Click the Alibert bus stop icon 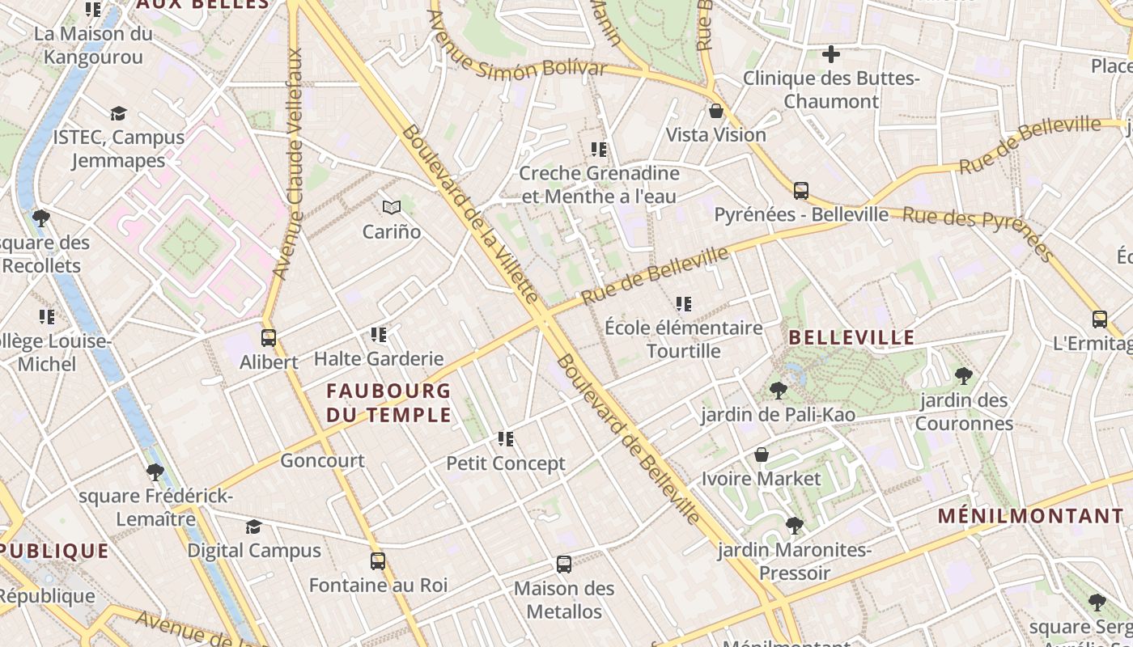tap(269, 338)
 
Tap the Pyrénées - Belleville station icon tap(801, 191)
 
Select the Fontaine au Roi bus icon tap(378, 561)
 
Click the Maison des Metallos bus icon tap(564, 565)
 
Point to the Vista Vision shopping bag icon tap(715, 111)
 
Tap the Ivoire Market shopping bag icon tap(761, 455)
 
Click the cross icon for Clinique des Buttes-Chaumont tap(830, 55)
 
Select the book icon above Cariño tap(392, 208)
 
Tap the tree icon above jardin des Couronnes tap(963, 376)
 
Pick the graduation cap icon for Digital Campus tap(253, 527)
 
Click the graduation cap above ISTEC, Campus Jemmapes tap(119, 113)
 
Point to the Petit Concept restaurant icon tap(506, 440)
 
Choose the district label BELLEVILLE tap(851, 338)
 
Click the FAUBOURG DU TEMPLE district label tap(388, 403)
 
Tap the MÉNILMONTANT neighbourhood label tap(1031, 516)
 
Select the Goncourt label tap(322, 461)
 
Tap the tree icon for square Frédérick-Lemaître tap(155, 472)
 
